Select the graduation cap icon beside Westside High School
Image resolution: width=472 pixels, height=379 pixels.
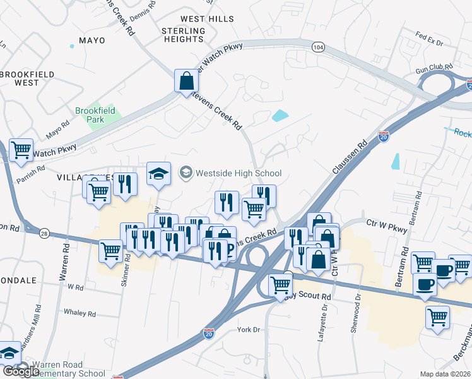158,174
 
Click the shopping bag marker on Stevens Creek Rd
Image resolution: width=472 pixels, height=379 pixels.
187,80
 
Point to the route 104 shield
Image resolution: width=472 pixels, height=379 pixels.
318,47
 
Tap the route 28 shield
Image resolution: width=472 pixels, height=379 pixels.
44,234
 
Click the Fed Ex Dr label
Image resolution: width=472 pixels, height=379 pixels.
430,40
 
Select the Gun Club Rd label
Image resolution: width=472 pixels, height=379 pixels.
434,66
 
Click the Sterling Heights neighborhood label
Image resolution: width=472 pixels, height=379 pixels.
183,35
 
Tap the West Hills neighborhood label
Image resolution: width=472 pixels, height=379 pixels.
207,20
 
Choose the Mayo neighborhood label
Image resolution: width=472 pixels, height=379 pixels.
91,40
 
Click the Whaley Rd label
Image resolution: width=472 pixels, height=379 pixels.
80,313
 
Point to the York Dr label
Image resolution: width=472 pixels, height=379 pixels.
249,330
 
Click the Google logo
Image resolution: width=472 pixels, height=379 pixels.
21,371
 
